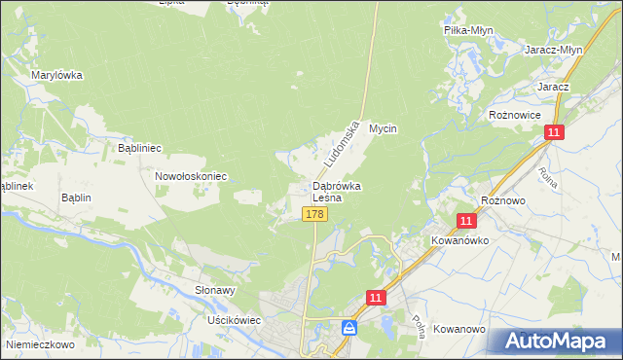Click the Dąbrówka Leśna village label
pos(337,191)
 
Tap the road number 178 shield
pos(313,214)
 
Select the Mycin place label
pos(385,128)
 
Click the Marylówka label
pos(56,75)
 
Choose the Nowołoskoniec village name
pos(191,176)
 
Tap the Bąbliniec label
pos(139,148)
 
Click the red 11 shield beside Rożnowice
pos(553,131)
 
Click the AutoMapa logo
pos(554,341)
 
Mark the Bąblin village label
pos(75,198)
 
